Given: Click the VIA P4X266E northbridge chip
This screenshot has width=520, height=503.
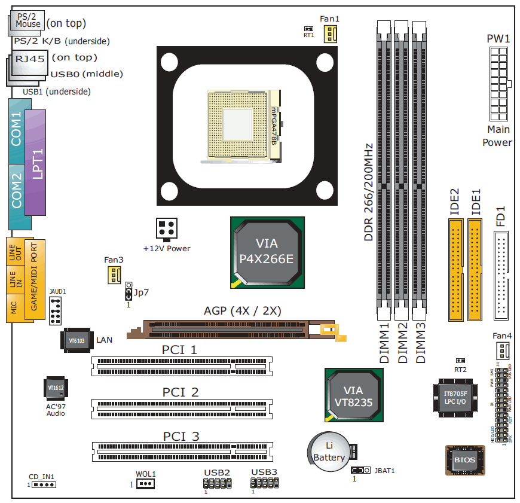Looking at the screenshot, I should (267, 252).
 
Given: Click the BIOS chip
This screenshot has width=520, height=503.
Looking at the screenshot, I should (465, 460).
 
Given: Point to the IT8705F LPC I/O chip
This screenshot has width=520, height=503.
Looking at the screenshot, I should (455, 398).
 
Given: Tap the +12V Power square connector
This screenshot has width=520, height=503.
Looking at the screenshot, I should (166, 229).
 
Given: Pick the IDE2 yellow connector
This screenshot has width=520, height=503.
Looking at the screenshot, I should (455, 270).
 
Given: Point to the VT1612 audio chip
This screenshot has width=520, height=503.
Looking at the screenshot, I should (56, 388).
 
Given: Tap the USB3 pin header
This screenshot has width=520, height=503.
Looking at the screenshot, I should (264, 482).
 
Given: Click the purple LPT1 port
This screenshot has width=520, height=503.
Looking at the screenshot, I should (35, 162).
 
